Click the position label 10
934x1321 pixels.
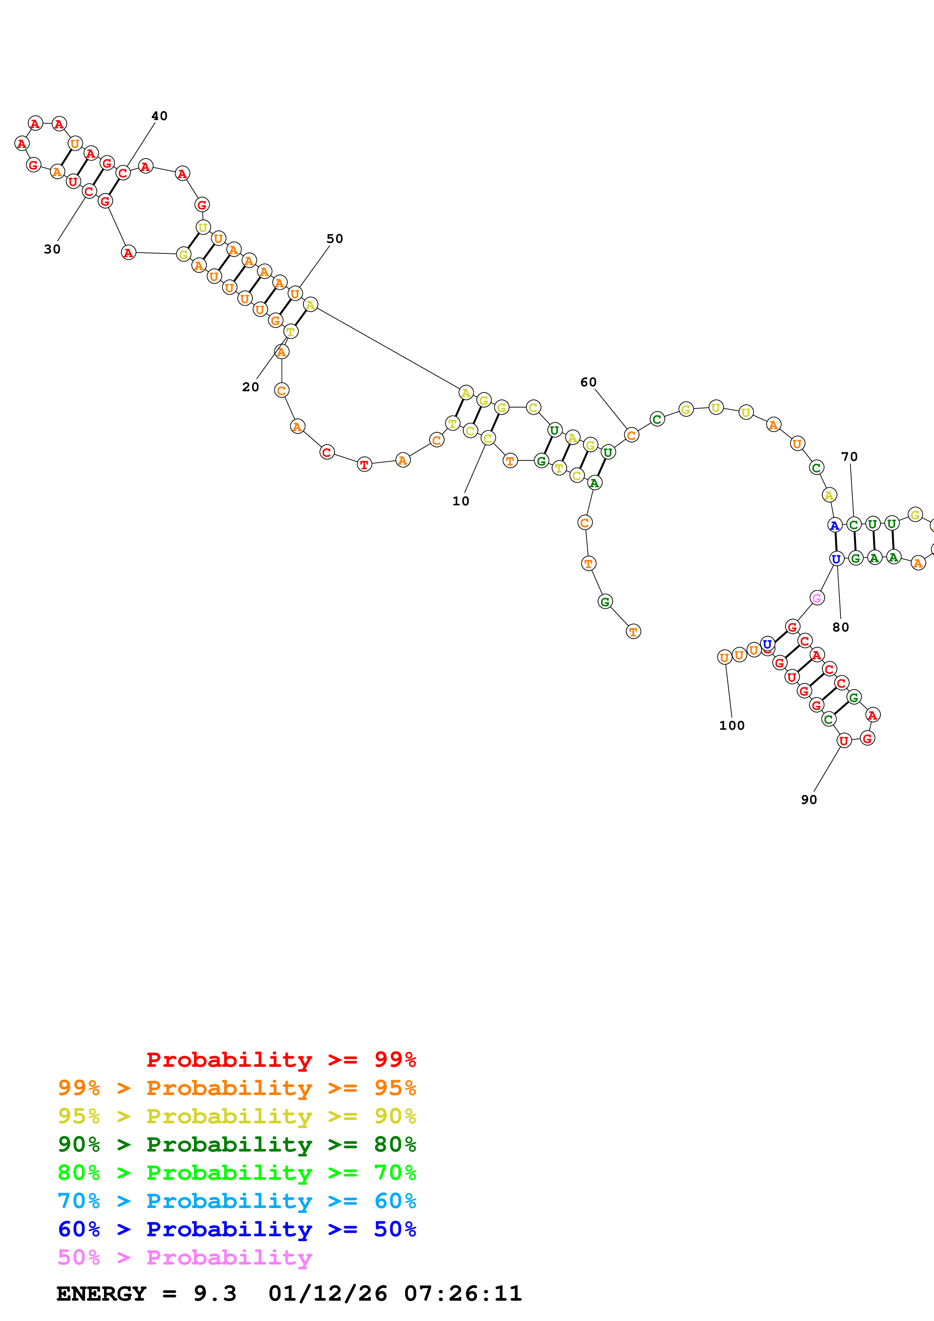pos(460,501)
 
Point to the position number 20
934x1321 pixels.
pos(250,387)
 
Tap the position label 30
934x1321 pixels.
pos(52,249)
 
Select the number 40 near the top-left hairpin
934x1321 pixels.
pos(159,116)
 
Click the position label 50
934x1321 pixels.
pos(334,239)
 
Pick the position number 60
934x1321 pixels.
pos(588,383)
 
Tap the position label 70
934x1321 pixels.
pos(849,457)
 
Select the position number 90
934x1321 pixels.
pos(809,800)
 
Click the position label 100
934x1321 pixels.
pos(731,726)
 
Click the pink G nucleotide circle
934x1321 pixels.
pos(816,598)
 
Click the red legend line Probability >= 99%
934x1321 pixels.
pos(281,1060)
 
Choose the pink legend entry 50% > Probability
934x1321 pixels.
pos(185,1258)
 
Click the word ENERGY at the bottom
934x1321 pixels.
pos(101,1294)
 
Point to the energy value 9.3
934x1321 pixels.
pos(215,1294)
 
